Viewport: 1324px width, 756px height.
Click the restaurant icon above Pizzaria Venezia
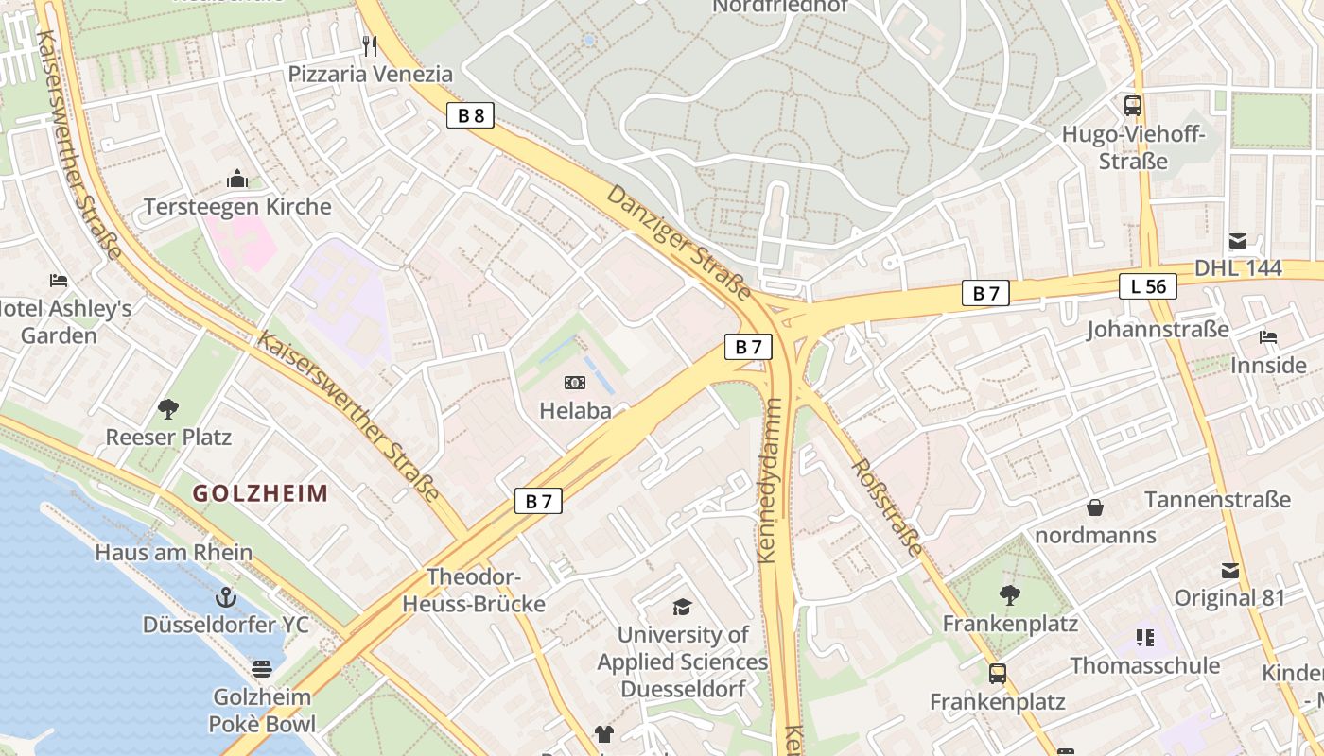tap(370, 45)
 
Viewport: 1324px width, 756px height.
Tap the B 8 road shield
tap(470, 115)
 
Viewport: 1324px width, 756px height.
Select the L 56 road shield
tap(1148, 286)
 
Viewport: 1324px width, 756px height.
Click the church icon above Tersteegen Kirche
tap(236, 179)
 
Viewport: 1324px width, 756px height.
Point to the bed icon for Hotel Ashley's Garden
tap(59, 281)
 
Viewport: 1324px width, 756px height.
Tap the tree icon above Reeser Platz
tap(168, 409)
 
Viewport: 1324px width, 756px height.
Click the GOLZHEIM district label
tap(260, 493)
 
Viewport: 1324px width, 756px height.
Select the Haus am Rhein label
tap(173, 553)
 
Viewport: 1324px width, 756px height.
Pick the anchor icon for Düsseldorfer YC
tap(225, 597)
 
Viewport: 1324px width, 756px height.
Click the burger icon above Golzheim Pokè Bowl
tap(262, 669)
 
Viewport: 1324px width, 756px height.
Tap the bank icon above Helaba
tap(574, 383)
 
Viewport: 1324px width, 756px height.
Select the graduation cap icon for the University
tap(682, 607)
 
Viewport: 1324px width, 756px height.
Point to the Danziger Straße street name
tap(678, 240)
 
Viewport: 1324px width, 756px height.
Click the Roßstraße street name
tap(886, 507)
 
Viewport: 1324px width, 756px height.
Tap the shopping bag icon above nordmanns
tap(1095, 507)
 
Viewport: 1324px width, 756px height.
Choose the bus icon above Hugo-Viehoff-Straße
tap(1132, 106)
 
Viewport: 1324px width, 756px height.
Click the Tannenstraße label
tap(1217, 499)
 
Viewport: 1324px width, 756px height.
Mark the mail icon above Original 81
tap(1229, 571)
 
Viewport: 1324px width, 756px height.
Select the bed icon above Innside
tap(1267, 337)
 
